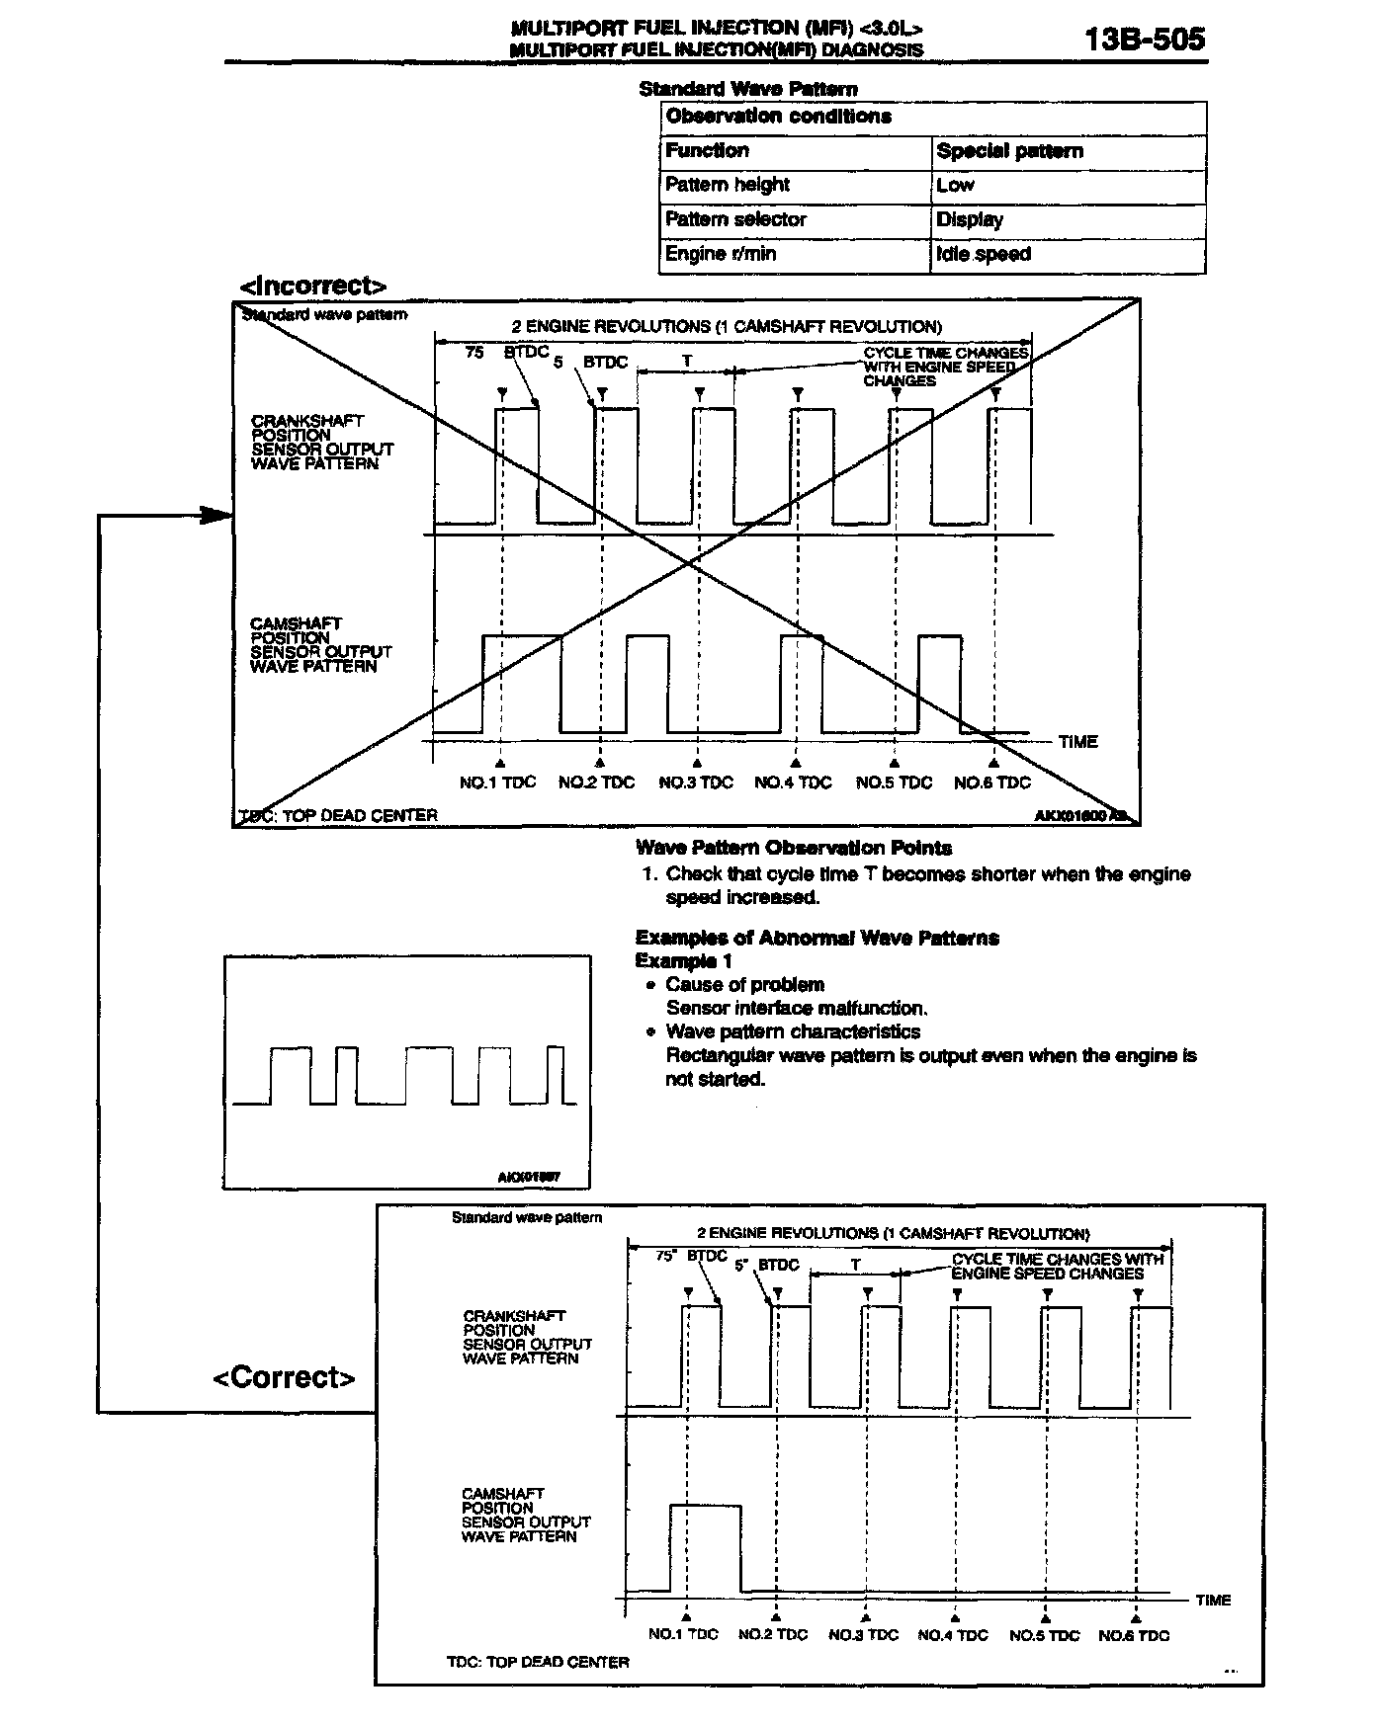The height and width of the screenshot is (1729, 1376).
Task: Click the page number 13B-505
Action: [x=1144, y=40]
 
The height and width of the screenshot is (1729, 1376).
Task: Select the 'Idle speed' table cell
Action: [x=984, y=254]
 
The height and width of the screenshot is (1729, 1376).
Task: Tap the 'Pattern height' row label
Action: [x=728, y=185]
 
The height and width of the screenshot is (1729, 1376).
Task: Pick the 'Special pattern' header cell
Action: [x=1009, y=151]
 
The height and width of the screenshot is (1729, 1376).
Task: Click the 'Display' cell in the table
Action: [x=970, y=219]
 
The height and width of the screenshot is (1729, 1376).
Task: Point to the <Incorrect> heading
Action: [x=312, y=287]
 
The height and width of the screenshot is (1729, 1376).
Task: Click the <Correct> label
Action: [x=284, y=1377]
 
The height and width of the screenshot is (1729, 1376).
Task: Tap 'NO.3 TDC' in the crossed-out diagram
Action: [x=696, y=782]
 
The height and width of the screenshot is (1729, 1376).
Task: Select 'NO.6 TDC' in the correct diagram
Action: [x=1134, y=1635]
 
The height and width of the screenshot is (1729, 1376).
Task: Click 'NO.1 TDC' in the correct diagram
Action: [x=683, y=1634]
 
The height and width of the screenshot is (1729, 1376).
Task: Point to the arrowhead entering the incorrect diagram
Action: [x=217, y=515]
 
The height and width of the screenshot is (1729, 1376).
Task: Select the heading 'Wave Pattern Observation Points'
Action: [x=794, y=848]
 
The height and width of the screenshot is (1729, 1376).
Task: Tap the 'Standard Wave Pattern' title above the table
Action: [x=748, y=89]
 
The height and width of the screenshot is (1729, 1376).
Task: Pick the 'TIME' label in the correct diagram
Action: [x=1213, y=1601]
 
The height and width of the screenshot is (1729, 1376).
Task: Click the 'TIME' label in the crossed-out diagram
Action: [x=1077, y=742]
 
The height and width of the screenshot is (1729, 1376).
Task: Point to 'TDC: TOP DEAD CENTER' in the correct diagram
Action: [x=538, y=1662]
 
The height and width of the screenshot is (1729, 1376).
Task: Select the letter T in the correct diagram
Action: [x=856, y=1266]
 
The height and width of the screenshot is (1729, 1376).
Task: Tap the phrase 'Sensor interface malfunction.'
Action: [x=797, y=1009]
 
